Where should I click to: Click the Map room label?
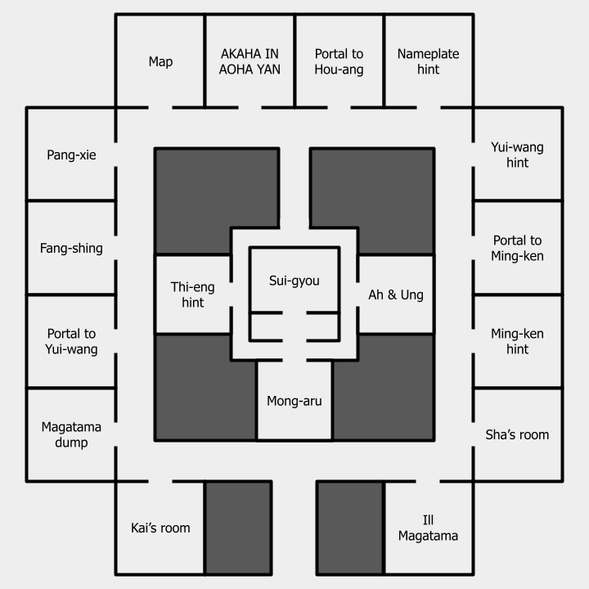[160, 61]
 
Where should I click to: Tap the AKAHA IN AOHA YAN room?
[250, 61]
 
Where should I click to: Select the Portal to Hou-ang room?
[339, 61]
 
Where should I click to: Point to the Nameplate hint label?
[428, 61]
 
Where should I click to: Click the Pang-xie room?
[71, 155]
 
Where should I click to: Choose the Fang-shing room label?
[71, 248]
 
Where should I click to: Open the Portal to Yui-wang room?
[71, 341]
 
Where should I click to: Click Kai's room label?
[160, 528]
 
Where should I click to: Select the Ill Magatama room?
[428, 528]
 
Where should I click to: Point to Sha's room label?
[517, 434]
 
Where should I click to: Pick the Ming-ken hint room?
[517, 341]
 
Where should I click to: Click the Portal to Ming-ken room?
[517, 248]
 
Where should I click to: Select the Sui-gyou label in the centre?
[294, 281]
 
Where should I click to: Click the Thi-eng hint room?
[192, 294]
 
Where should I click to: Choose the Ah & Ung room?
[396, 294]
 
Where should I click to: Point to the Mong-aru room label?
[294, 401]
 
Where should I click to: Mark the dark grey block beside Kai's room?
[237, 528]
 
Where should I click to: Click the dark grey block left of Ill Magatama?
[350, 528]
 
